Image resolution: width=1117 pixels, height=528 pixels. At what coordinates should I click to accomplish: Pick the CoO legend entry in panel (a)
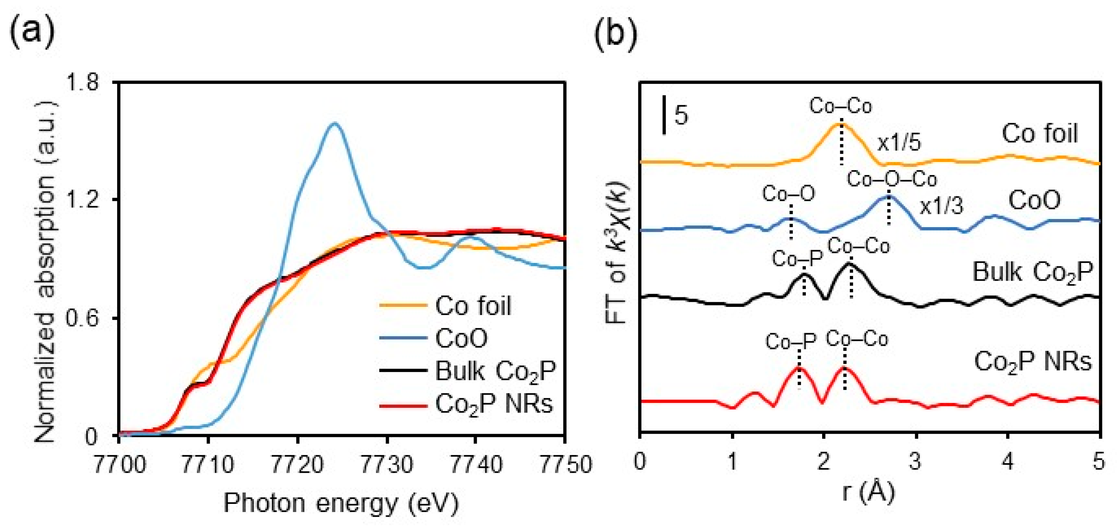[461, 338]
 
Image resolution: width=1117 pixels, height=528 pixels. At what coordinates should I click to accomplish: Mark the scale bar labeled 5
[664, 115]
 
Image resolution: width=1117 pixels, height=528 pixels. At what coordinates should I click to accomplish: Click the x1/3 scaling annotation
[941, 207]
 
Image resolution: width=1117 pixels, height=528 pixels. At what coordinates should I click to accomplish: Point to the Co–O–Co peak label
[892, 179]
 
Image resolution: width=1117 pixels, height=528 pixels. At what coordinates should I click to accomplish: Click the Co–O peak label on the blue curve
[788, 195]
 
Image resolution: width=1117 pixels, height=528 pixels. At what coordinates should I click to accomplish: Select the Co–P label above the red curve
[791, 342]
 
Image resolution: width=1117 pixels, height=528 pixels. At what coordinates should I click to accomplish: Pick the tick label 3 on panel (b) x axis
[915, 462]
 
